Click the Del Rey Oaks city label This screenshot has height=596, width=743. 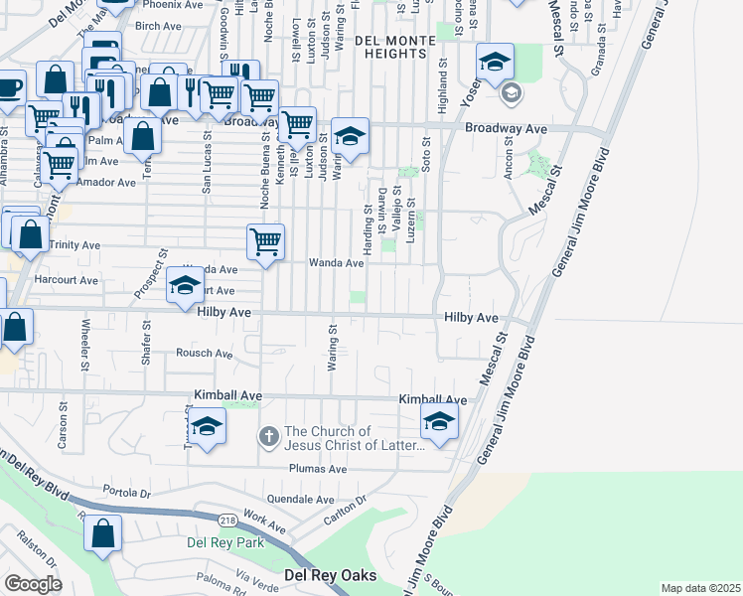point(330,575)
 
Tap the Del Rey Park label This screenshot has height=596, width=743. point(225,542)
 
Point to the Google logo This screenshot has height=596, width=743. point(33,584)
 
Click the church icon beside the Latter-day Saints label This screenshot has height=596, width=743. point(268,436)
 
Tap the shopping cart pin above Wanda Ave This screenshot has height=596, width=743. point(265,241)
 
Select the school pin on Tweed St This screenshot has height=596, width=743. point(207,427)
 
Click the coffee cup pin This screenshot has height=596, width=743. point(8,87)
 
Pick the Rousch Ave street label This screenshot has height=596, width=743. point(204,354)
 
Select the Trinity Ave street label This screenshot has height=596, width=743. point(75,244)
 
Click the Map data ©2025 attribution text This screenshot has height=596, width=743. point(700,588)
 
